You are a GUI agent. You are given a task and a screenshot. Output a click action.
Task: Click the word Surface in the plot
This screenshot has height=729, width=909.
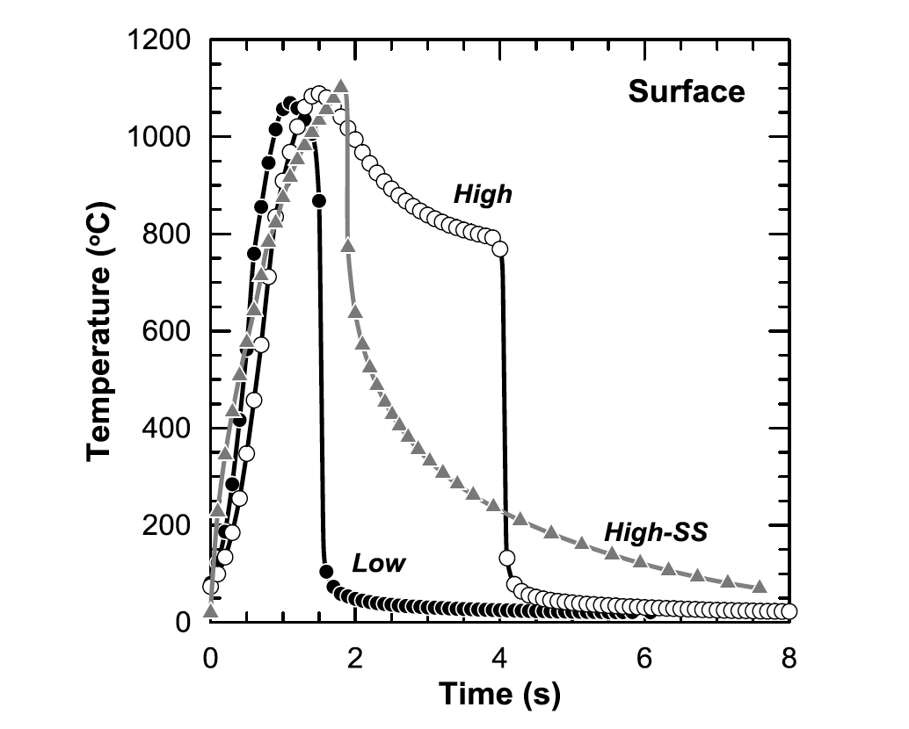686,91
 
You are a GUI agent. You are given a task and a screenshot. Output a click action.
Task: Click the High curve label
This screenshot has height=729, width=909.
482,195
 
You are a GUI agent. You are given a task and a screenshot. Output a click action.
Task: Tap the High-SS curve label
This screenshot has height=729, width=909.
655,532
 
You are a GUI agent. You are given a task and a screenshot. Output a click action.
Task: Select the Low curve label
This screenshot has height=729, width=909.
379,564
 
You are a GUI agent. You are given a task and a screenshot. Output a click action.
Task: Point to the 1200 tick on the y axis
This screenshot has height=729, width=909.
162,40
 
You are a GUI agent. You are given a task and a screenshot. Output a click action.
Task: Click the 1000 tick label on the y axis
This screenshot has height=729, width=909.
162,137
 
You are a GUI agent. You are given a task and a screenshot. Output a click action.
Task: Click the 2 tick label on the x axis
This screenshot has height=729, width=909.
354,657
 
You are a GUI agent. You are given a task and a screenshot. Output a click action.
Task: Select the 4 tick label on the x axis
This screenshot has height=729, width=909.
499,657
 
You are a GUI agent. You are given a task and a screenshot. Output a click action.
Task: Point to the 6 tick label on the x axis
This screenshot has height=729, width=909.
644,657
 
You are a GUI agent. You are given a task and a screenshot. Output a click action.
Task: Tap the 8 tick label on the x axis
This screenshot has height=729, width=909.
789,657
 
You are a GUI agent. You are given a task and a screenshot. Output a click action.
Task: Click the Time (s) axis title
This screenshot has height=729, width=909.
499,694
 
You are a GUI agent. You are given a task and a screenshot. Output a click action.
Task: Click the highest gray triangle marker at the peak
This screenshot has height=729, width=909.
340,86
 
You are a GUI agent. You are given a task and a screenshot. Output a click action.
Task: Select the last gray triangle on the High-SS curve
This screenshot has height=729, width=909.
760,587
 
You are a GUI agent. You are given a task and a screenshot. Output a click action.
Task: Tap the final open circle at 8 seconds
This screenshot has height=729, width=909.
789,611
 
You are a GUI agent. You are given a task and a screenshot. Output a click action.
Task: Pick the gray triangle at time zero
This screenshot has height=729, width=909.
210,611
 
